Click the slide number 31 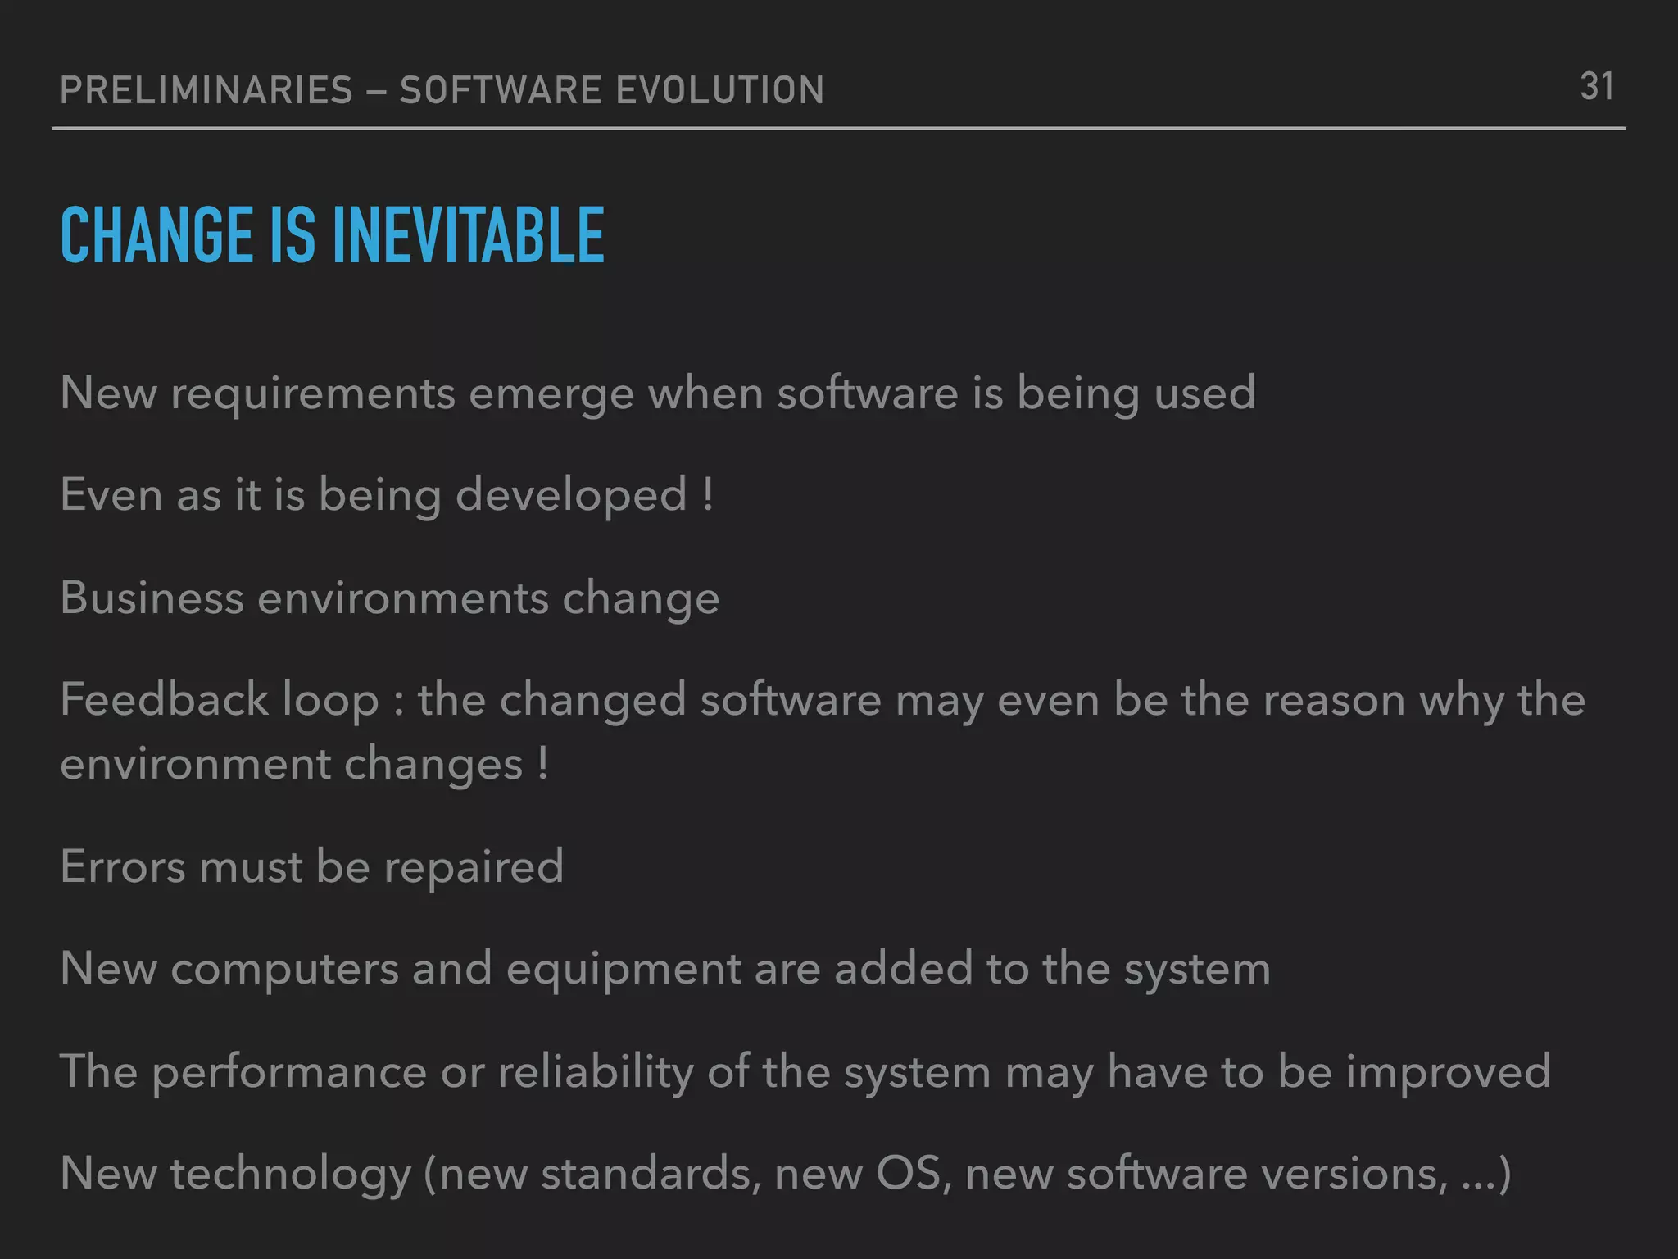click(x=1596, y=87)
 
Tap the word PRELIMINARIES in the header click(x=206, y=90)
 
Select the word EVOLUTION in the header click(x=719, y=90)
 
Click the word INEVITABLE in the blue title click(x=468, y=236)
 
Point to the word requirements click(x=312, y=394)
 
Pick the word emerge click(x=551, y=394)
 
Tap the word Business click(x=152, y=598)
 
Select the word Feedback click(x=164, y=700)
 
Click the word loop click(x=330, y=702)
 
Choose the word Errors click(x=123, y=867)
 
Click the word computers click(x=284, y=970)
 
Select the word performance click(x=289, y=1072)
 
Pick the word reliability click(x=596, y=1072)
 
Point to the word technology click(x=290, y=1175)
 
